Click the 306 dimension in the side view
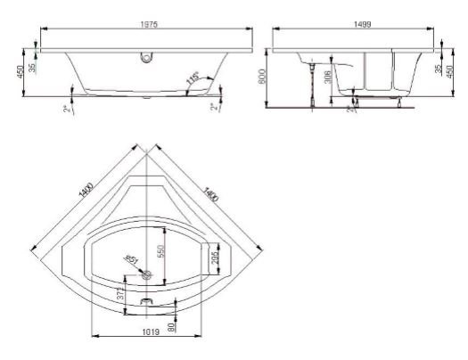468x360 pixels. point(328,78)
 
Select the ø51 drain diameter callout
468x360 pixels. point(131,259)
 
